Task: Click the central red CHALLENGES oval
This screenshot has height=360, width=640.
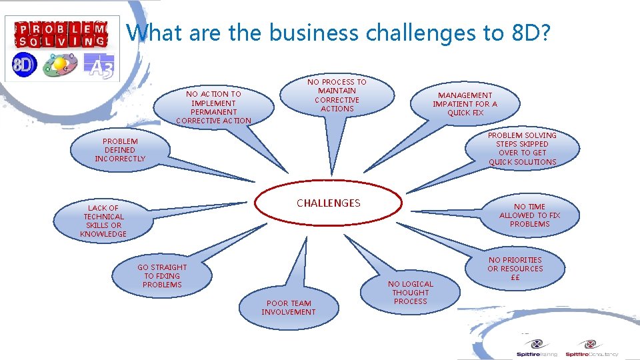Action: (x=328, y=204)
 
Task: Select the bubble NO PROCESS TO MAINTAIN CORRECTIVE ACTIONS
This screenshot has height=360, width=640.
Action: (x=337, y=95)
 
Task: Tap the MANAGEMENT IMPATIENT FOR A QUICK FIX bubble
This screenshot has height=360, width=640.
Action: (x=465, y=104)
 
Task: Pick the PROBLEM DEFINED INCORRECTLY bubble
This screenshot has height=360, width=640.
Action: (x=120, y=150)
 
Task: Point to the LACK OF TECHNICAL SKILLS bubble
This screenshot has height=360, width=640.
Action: (x=103, y=221)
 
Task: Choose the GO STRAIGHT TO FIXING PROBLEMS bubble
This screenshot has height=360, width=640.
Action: (x=162, y=276)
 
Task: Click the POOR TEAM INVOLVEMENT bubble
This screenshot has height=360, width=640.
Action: (x=288, y=307)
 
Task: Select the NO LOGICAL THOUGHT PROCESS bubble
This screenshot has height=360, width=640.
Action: (x=411, y=293)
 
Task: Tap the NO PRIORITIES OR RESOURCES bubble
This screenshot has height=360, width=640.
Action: (x=515, y=268)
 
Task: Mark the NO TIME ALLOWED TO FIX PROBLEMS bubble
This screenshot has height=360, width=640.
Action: (x=530, y=215)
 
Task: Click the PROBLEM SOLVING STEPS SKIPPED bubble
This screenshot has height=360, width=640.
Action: (x=522, y=149)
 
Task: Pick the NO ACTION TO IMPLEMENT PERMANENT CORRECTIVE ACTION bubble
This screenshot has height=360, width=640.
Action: (x=213, y=107)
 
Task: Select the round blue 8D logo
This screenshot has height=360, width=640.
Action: (x=24, y=65)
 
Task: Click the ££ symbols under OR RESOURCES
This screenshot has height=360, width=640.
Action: (x=515, y=277)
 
